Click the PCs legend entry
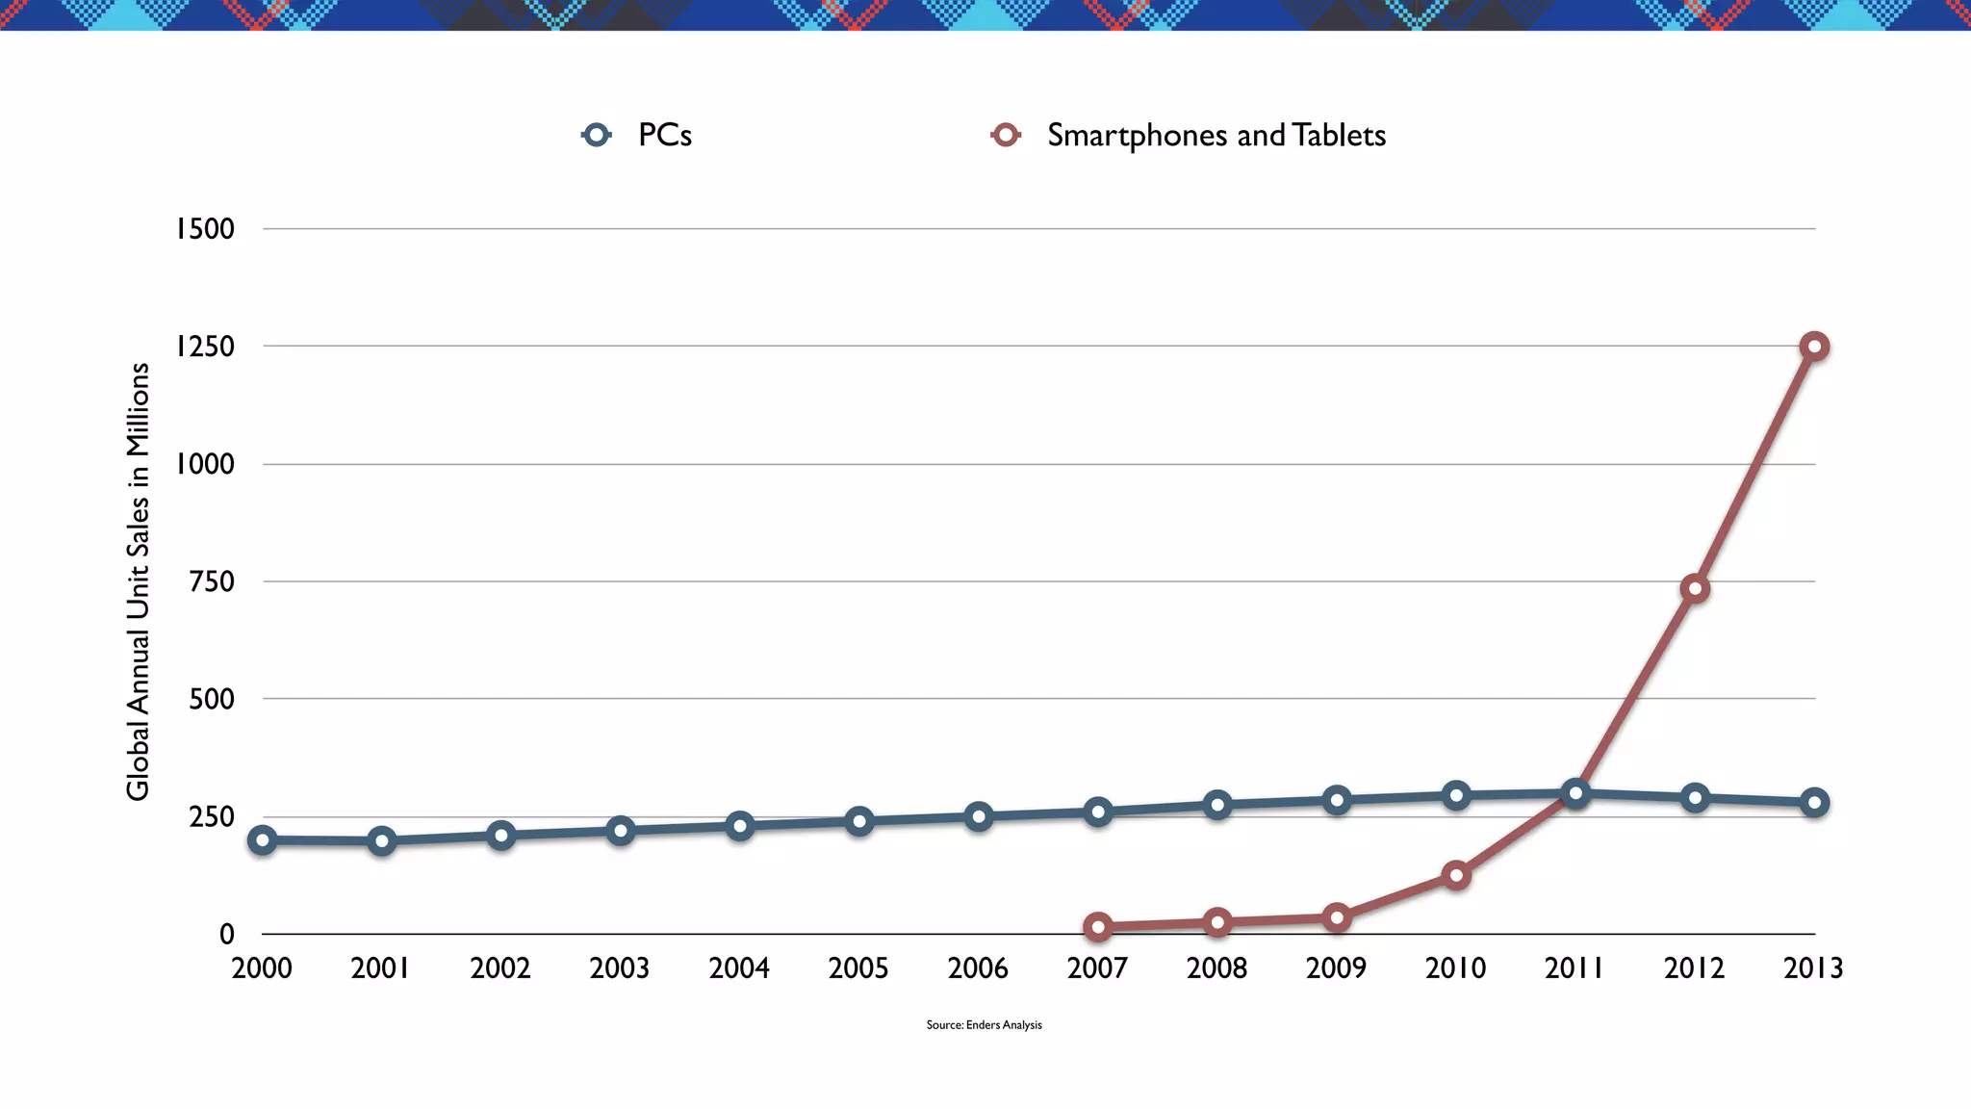pos(638,135)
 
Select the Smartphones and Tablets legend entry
pos(1190,135)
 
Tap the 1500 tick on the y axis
pos(204,229)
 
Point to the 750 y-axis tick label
pos(211,581)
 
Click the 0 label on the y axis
pos(226,934)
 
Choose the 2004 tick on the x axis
pos(739,968)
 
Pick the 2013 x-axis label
pos(1813,968)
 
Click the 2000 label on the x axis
pos(262,968)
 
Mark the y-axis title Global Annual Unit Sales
pos(139,581)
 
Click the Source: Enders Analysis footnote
pos(984,1025)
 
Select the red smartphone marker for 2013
pos(1814,347)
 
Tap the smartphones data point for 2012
pos(1695,589)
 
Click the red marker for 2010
pos(1456,876)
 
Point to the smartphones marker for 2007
pos(1098,927)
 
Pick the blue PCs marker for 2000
pos(262,840)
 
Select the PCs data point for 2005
pos(859,821)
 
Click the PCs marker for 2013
pos(1814,802)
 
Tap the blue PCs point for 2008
pos(1217,805)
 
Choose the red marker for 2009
pos(1337,917)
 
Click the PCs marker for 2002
pos(500,835)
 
